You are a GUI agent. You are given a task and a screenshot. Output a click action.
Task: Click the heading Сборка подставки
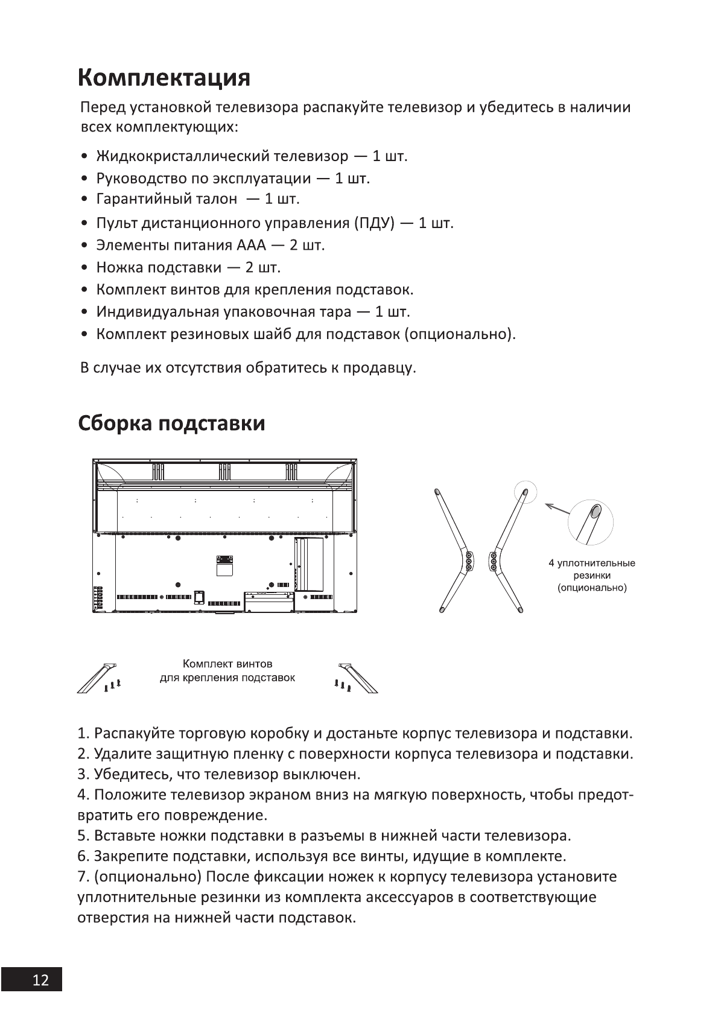(172, 424)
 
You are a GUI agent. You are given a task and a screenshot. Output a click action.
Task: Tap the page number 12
(40, 980)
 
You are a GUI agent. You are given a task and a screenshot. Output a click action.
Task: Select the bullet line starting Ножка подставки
(188, 267)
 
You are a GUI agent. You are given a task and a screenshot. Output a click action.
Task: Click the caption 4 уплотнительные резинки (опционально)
(591, 576)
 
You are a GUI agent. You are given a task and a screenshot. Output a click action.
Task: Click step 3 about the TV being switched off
(219, 774)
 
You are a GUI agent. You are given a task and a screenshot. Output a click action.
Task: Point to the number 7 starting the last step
(81, 877)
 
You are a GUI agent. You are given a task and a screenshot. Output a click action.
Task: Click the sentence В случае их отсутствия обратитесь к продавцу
(248, 368)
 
